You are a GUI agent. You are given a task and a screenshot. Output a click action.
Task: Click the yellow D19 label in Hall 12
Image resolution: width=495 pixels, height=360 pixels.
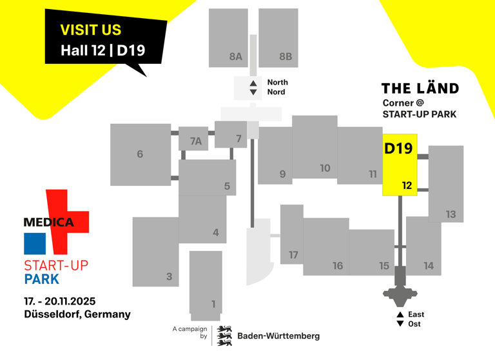pos(398,148)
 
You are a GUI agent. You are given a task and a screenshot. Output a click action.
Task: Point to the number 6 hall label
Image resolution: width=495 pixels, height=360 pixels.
pos(140,154)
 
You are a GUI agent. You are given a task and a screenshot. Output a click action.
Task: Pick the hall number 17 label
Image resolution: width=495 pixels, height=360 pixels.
pos(293,255)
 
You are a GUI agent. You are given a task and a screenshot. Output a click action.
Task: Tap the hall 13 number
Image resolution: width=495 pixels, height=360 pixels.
pos(451,214)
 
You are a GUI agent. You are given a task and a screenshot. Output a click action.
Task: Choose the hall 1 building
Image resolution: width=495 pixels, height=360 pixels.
pos(206,284)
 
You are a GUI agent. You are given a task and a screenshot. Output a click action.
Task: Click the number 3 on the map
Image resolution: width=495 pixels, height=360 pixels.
pos(169,277)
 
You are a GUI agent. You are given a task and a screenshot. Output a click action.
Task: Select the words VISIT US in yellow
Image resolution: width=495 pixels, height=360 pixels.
pos(91,30)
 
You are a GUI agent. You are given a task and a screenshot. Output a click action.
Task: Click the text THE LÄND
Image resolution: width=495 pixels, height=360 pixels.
pos(420,88)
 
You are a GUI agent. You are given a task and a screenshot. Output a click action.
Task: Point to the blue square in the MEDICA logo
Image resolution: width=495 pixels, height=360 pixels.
pos(35,243)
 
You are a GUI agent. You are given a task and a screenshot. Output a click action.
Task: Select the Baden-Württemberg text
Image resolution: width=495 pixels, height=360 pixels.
pos(278,335)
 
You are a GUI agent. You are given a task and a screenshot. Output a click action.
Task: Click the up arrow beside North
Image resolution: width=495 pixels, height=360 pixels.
pos(253,83)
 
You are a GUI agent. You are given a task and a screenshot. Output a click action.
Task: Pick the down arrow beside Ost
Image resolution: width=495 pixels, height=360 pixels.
pos(400,324)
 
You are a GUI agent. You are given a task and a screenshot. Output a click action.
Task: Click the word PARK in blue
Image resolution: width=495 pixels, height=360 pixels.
pos(41,279)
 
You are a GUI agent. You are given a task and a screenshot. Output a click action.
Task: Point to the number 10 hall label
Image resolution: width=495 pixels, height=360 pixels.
pos(325,168)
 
